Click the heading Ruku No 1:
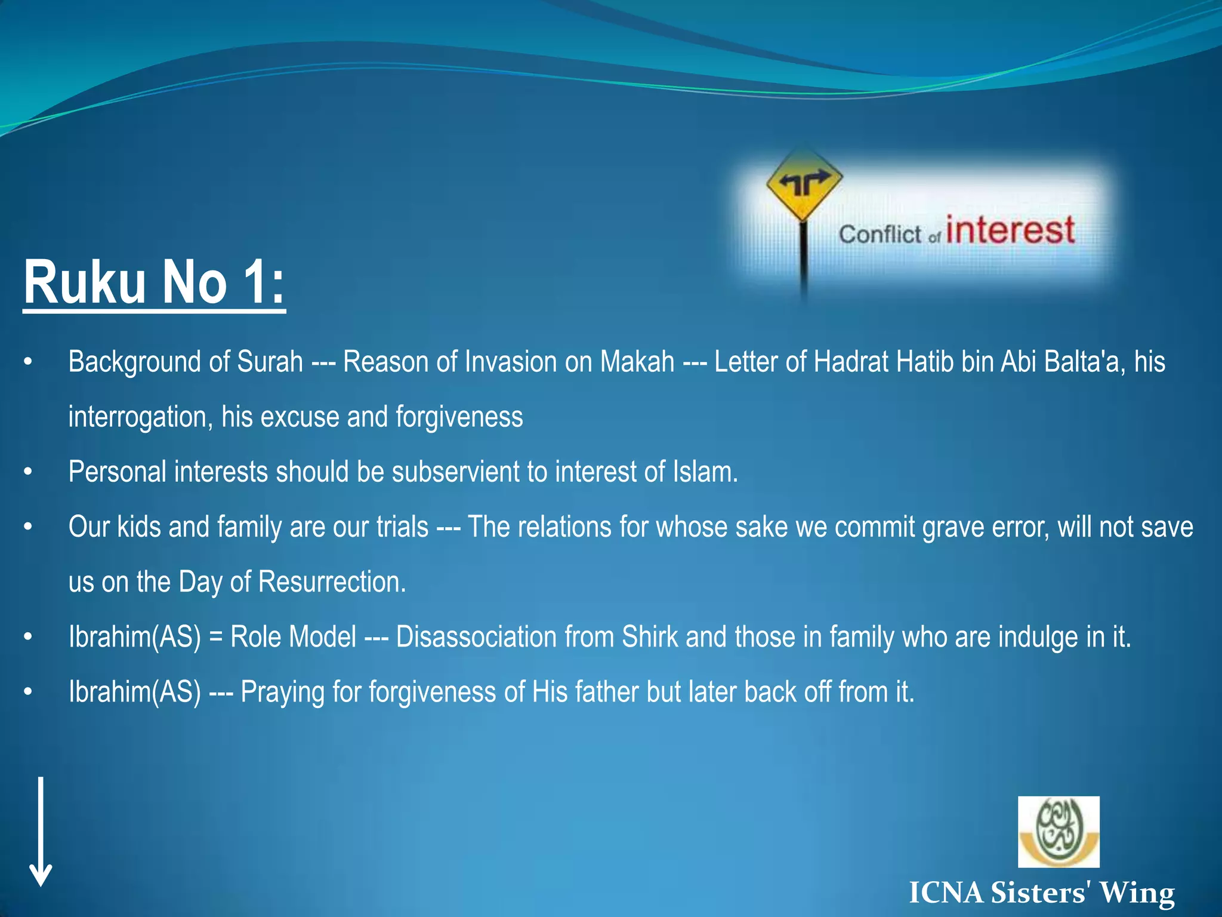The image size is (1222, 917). (x=154, y=282)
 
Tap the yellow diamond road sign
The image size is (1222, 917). (x=804, y=183)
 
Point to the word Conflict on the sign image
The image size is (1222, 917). (x=880, y=234)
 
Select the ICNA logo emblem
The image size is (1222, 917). (x=1058, y=831)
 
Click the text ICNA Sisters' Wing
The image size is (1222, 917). (x=1041, y=893)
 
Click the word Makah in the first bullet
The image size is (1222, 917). (x=637, y=362)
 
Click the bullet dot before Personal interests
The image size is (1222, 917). (x=27, y=472)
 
